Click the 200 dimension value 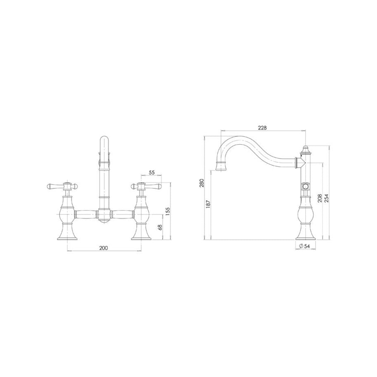coord(104,248)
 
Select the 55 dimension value coord(152,172)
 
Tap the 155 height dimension coord(168,211)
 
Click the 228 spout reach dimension coord(262,128)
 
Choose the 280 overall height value coord(202,183)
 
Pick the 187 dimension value coord(208,204)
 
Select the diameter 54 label coord(304,246)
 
